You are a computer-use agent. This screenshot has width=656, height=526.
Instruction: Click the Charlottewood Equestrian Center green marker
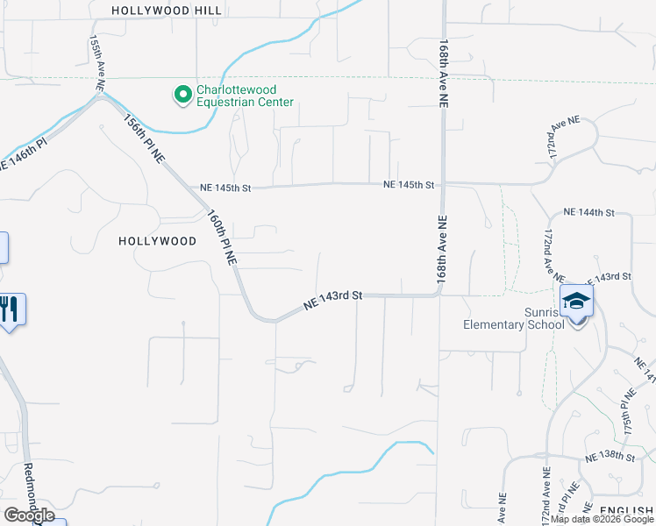click(x=182, y=95)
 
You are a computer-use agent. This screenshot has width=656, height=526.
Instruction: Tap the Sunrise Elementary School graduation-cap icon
click(x=577, y=302)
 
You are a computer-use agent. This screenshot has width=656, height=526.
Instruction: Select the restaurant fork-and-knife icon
click(x=10, y=309)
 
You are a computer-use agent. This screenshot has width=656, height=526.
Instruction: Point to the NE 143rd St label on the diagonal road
click(x=333, y=300)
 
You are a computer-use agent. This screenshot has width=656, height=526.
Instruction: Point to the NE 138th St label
click(x=610, y=458)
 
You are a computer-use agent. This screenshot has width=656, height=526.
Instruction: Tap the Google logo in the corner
click(x=29, y=515)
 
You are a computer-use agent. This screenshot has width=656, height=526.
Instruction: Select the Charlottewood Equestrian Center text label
click(x=245, y=96)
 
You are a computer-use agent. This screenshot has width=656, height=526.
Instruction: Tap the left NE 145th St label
click(x=225, y=188)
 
